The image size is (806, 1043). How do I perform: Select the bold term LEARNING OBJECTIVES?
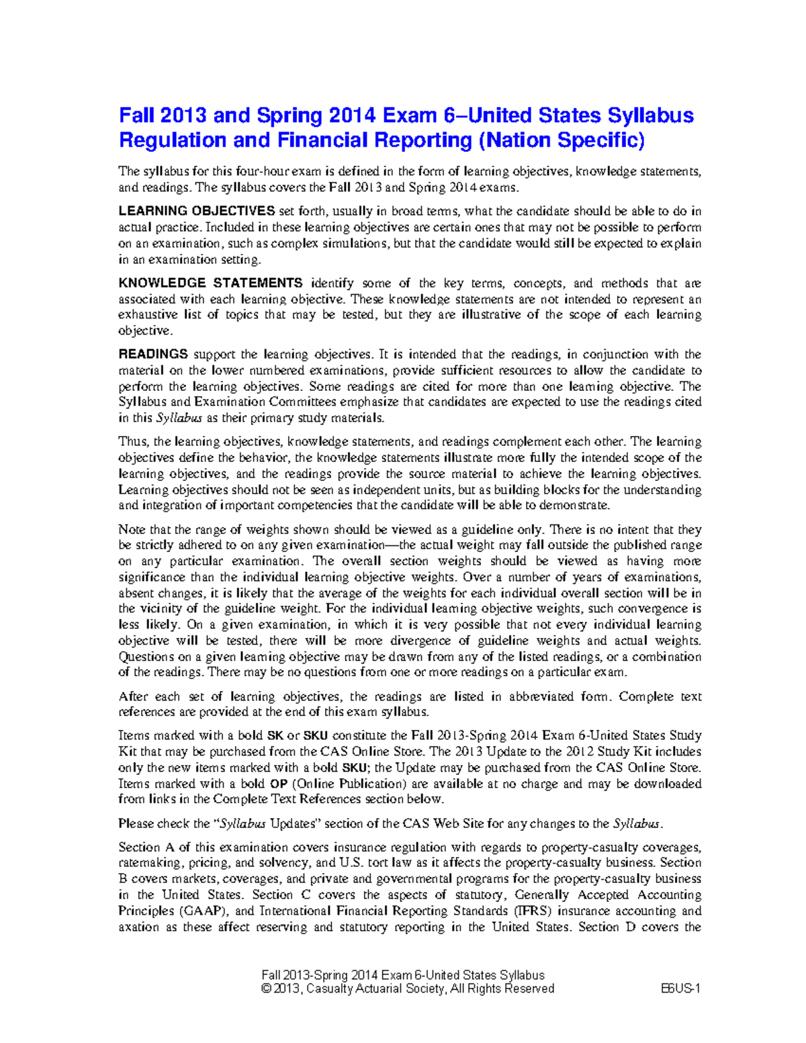tap(196, 212)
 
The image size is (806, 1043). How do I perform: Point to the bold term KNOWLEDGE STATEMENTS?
tap(210, 283)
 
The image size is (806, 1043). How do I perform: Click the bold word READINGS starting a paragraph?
tap(152, 355)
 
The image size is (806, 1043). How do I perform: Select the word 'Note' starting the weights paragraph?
tap(132, 530)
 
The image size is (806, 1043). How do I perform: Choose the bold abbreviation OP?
tap(278, 784)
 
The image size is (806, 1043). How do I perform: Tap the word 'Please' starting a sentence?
tap(136, 823)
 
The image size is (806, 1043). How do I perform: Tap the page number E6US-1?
tap(680, 989)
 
